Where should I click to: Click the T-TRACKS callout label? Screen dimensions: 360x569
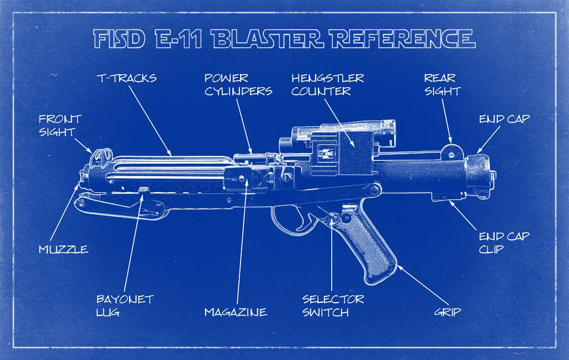pyautogui.click(x=127, y=78)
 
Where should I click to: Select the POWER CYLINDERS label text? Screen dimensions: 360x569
pyautogui.click(x=238, y=84)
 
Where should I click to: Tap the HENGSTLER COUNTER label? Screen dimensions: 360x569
pyautogui.click(x=327, y=84)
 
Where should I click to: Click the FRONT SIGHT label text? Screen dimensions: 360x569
pyautogui.click(x=60, y=125)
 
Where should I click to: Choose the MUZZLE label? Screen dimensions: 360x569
pyautogui.click(x=63, y=249)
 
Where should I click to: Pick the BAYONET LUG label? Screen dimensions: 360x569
pyautogui.click(x=124, y=306)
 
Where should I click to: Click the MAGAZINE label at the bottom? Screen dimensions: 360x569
pyautogui.click(x=236, y=312)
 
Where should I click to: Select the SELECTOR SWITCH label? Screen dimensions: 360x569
pyautogui.click(x=333, y=306)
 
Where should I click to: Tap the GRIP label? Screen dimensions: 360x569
pyautogui.click(x=447, y=312)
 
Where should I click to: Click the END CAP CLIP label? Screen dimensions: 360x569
pyautogui.click(x=504, y=242)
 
